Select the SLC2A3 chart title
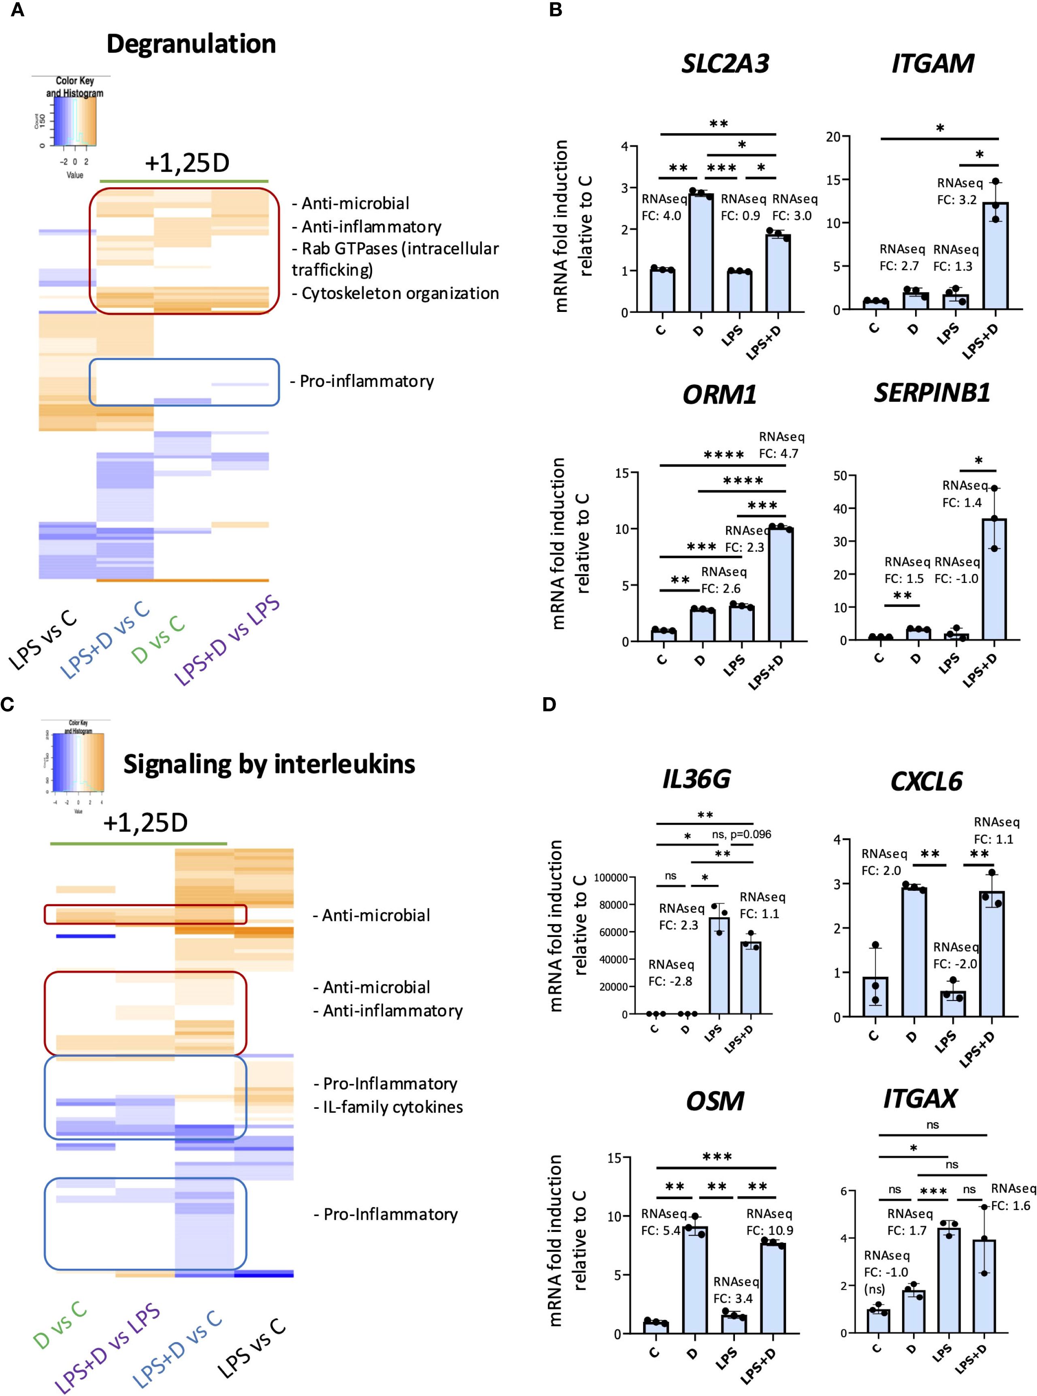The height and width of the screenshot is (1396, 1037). pyautogui.click(x=725, y=64)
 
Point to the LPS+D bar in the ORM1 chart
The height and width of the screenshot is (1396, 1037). pyautogui.click(x=780, y=585)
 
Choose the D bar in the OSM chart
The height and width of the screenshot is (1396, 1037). pyautogui.click(x=694, y=1281)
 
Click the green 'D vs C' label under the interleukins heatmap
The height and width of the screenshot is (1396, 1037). pyautogui.click(x=60, y=1325)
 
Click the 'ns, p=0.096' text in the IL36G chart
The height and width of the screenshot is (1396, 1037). pyautogui.click(x=741, y=835)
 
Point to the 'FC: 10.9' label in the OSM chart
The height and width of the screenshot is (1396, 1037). pyautogui.click(x=770, y=1231)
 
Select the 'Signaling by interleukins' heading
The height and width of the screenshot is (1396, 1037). pyautogui.click(x=269, y=764)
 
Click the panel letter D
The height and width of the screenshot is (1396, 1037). pyautogui.click(x=549, y=704)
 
